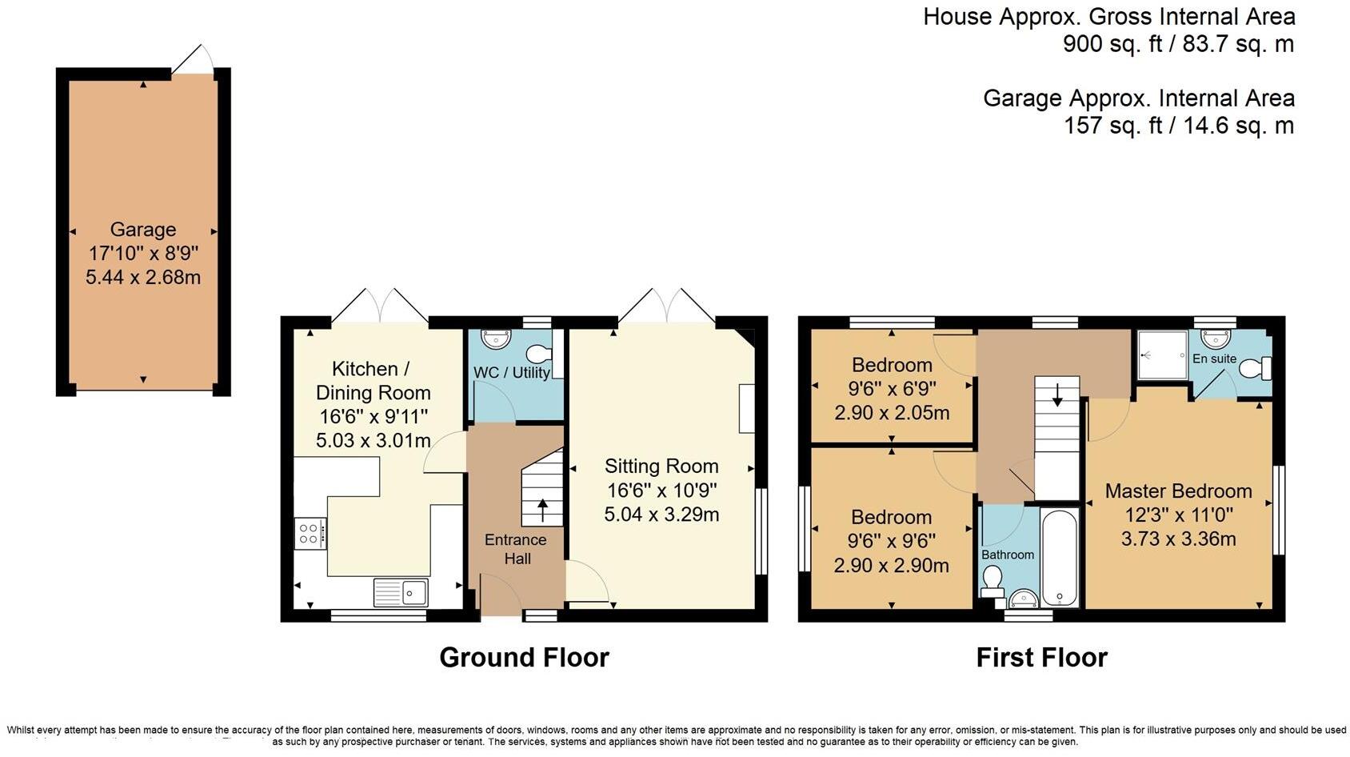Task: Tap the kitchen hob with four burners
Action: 310,533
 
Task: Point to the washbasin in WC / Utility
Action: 496,338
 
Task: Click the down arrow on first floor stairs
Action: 1057,394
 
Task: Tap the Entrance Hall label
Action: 516,549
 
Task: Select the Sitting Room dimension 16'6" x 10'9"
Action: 661,490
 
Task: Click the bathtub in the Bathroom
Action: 1060,559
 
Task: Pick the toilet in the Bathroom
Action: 993,579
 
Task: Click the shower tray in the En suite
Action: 1162,354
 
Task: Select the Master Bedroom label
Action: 1178,491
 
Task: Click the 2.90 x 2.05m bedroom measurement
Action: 892,413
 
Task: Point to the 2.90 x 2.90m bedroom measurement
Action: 892,565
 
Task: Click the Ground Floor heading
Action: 524,658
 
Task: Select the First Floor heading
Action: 1041,658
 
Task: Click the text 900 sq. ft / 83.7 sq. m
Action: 1177,44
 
